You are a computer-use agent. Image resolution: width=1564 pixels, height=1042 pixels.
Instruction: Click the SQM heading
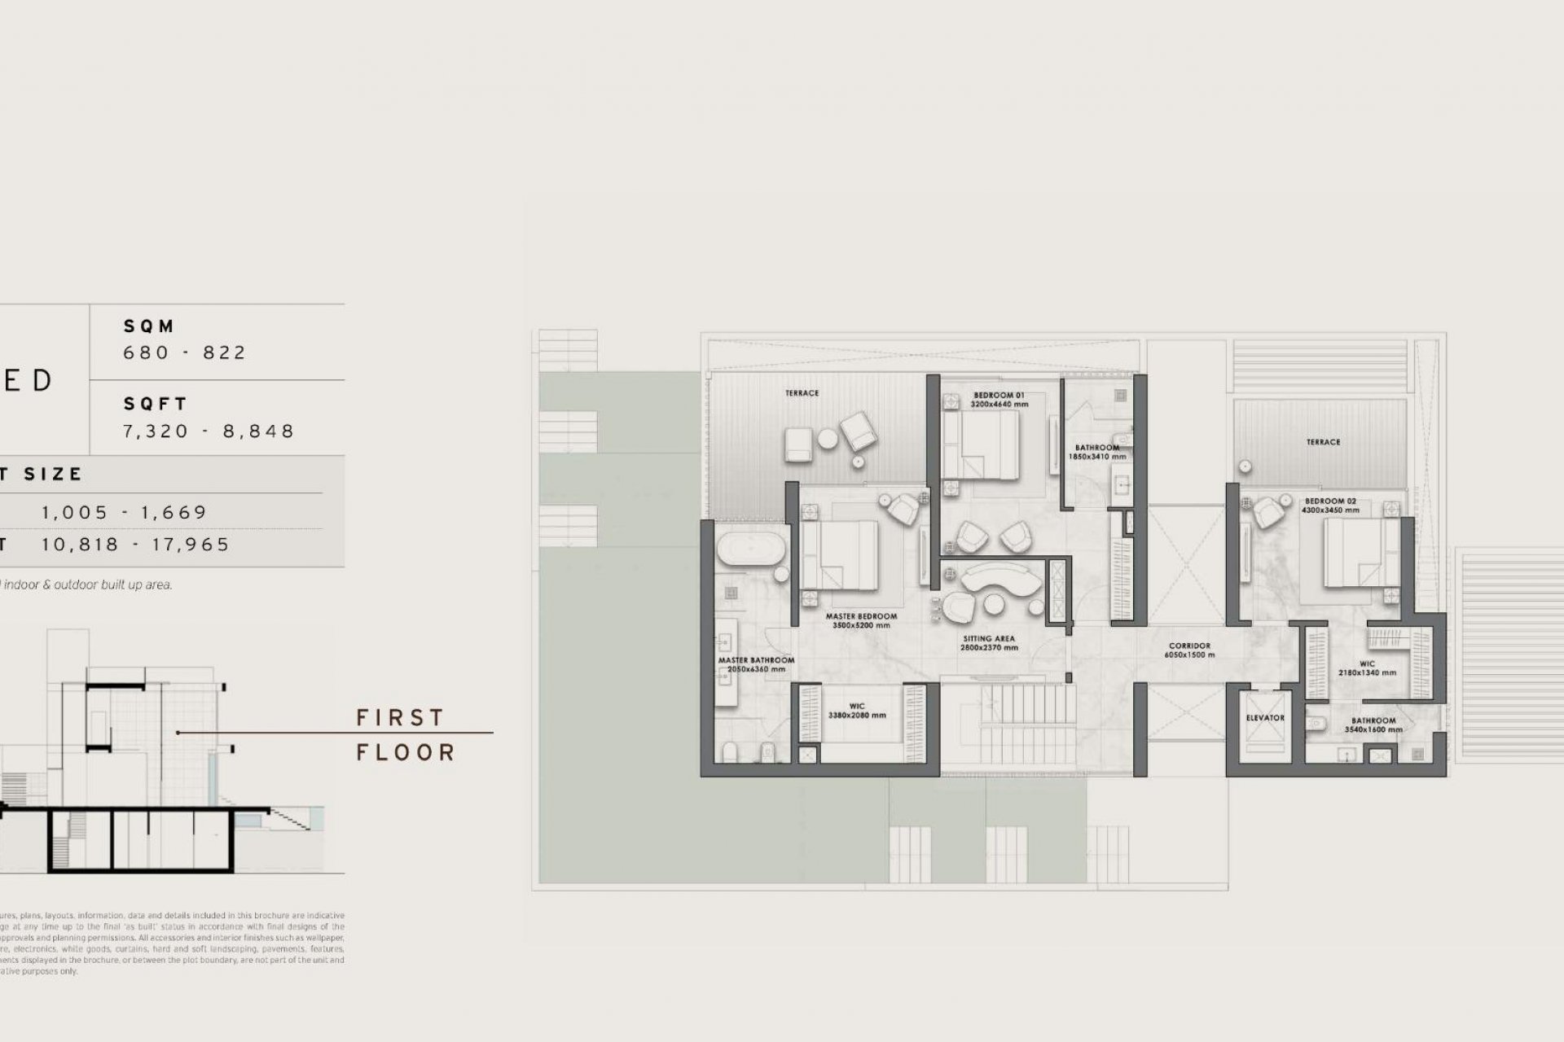[x=149, y=326]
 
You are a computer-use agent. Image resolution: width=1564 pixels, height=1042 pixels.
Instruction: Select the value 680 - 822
[x=184, y=352]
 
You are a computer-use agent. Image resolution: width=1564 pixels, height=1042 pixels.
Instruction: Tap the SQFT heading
[x=156, y=405]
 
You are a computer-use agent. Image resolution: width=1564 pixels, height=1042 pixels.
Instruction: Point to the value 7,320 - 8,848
[x=209, y=431]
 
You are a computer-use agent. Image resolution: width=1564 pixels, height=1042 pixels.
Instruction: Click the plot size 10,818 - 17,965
[x=136, y=545]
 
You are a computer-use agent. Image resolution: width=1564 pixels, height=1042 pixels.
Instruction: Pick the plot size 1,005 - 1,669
[x=125, y=513]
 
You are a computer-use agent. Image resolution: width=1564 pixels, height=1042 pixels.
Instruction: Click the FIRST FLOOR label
[x=405, y=734]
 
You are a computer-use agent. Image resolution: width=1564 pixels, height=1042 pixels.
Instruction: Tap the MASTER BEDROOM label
[x=861, y=616]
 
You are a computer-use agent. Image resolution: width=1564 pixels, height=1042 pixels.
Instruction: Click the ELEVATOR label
[x=1265, y=718]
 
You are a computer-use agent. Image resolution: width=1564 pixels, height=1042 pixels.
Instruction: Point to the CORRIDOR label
[x=1189, y=646]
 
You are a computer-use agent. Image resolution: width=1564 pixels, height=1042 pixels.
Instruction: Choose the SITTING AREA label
[x=988, y=639]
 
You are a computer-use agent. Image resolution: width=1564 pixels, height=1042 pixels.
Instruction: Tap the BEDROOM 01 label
[x=999, y=396]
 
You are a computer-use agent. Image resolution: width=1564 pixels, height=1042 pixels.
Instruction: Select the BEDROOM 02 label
[x=1330, y=501]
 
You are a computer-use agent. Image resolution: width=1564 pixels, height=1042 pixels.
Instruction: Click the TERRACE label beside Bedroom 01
[x=802, y=393]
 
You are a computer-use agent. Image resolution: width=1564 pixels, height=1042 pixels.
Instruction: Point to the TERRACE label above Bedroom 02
[x=1323, y=442]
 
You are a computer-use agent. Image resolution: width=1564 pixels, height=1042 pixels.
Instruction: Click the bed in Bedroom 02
[x=1352, y=553]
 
